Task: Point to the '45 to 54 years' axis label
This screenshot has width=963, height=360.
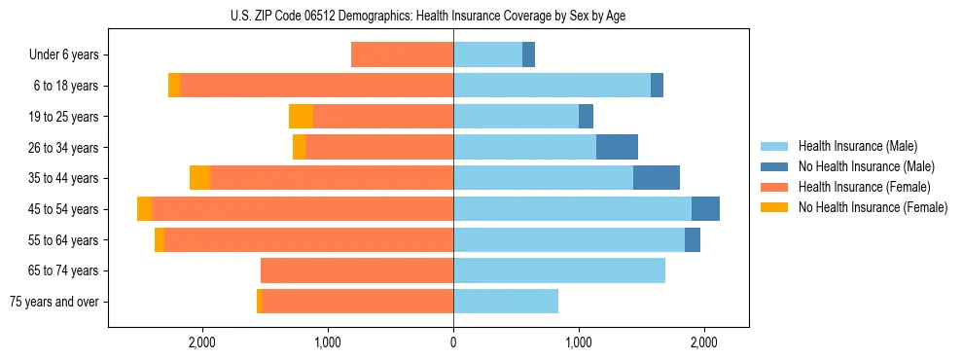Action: (x=64, y=209)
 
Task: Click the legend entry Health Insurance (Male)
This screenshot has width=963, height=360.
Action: (x=857, y=146)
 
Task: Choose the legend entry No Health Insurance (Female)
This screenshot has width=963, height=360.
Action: (x=873, y=207)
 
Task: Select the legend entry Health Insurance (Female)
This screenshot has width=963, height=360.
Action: (x=864, y=187)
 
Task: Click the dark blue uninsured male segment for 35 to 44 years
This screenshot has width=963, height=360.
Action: (x=657, y=178)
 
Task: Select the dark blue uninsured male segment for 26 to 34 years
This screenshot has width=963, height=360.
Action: (x=617, y=148)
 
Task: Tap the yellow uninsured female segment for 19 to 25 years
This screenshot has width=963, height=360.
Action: (x=301, y=117)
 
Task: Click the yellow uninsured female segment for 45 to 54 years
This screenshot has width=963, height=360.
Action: (x=144, y=209)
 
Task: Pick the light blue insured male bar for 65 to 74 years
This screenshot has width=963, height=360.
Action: (x=559, y=270)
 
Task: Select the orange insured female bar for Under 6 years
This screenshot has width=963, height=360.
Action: (x=402, y=55)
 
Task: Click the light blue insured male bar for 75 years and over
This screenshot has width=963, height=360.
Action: (x=506, y=302)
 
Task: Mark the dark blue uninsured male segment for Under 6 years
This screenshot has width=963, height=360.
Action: (x=528, y=55)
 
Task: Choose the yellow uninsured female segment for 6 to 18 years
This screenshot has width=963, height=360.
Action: (x=174, y=86)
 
